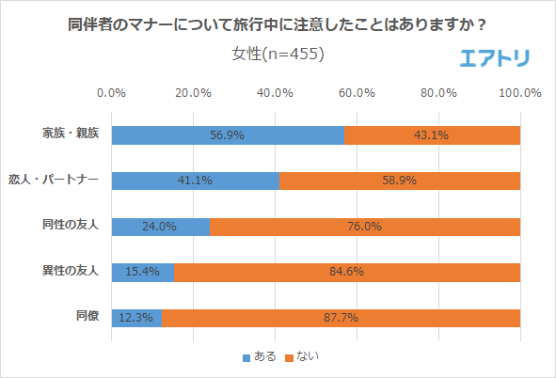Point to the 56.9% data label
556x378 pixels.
pos(228,135)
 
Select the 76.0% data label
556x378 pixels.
pos(364,227)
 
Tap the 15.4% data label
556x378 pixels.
pos(143,273)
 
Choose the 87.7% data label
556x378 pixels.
pos(341,318)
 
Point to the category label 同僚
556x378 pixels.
pos(87,318)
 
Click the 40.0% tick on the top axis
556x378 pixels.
pos(275,93)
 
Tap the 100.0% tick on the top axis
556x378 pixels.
pos(519,93)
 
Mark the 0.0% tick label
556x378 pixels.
pos(112,93)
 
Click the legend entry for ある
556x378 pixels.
pos(261,356)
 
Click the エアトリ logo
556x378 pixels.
pos(495,58)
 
